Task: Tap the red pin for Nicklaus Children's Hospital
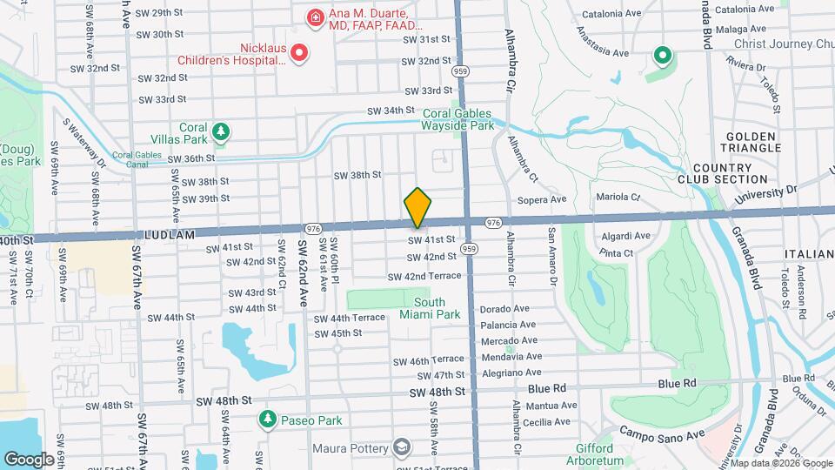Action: tap(299, 53)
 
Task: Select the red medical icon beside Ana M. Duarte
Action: tap(313, 17)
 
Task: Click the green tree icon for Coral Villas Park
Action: tap(223, 131)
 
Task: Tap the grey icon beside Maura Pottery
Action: tap(402, 448)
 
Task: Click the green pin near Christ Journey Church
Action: tap(662, 57)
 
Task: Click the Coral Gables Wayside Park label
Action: tap(458, 119)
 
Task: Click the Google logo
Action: tap(30, 459)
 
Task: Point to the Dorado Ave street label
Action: tap(504, 308)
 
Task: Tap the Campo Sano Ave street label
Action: tap(660, 432)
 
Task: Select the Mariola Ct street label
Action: tap(618, 198)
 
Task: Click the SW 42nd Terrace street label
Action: tap(424, 276)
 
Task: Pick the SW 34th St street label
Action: tap(391, 111)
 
